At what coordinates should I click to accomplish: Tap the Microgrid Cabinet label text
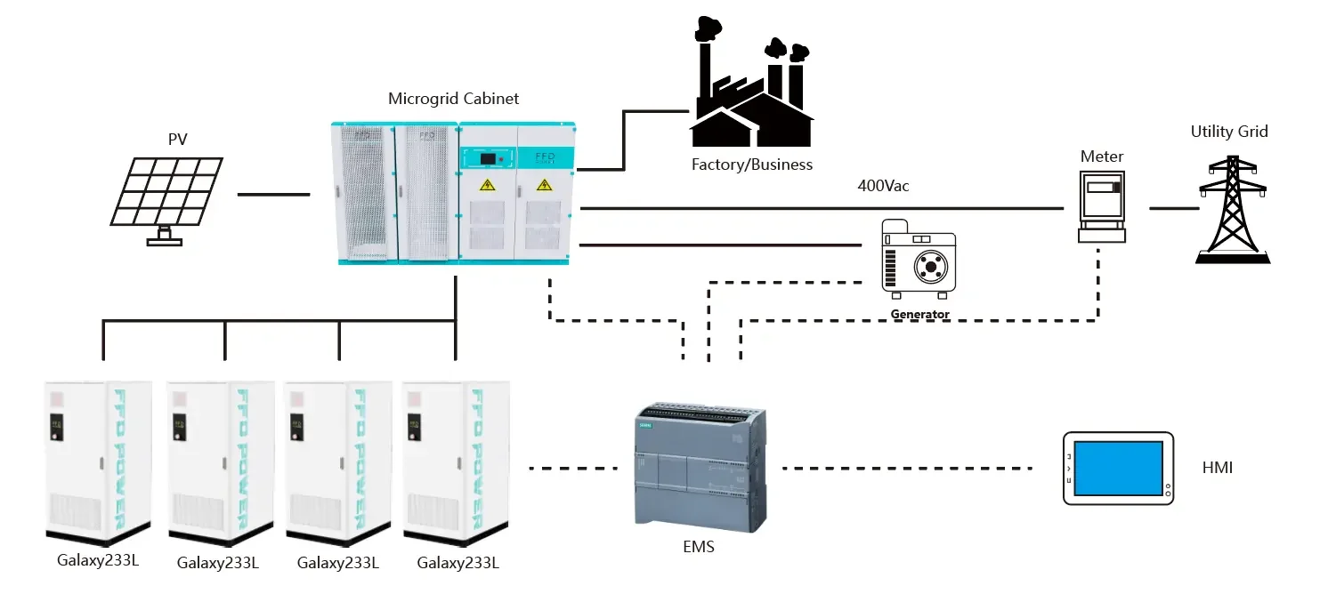453,99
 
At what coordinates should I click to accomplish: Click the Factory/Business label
752,165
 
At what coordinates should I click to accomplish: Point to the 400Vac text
883,187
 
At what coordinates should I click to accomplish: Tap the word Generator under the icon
919,314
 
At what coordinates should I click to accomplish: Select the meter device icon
1101,205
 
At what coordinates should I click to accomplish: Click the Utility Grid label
1228,132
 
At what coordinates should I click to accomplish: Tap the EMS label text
699,547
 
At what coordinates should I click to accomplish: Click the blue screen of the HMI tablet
1118,468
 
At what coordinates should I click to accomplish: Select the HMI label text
1217,468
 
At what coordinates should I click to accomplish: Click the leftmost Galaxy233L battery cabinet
98,462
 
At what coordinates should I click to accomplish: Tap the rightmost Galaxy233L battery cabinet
456,462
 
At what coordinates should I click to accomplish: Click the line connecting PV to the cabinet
273,193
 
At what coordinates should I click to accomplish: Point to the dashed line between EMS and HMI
908,468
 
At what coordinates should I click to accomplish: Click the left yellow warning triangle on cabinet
487,185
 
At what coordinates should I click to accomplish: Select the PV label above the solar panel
178,140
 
